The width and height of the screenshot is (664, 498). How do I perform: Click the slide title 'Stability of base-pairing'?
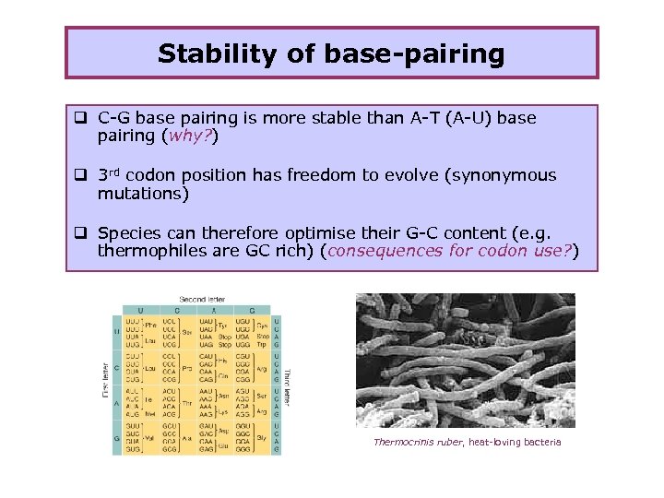pos(331,53)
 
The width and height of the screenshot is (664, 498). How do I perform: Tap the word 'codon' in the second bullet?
pos(185,175)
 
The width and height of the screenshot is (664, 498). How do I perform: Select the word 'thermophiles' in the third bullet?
pos(147,250)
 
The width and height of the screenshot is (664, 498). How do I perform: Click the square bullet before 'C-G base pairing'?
pos(81,118)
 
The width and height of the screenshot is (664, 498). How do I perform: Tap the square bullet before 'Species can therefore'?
pos(81,232)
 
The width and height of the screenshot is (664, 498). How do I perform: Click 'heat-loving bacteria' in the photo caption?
pos(513,443)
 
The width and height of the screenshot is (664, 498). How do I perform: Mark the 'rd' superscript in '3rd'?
pos(118,172)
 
